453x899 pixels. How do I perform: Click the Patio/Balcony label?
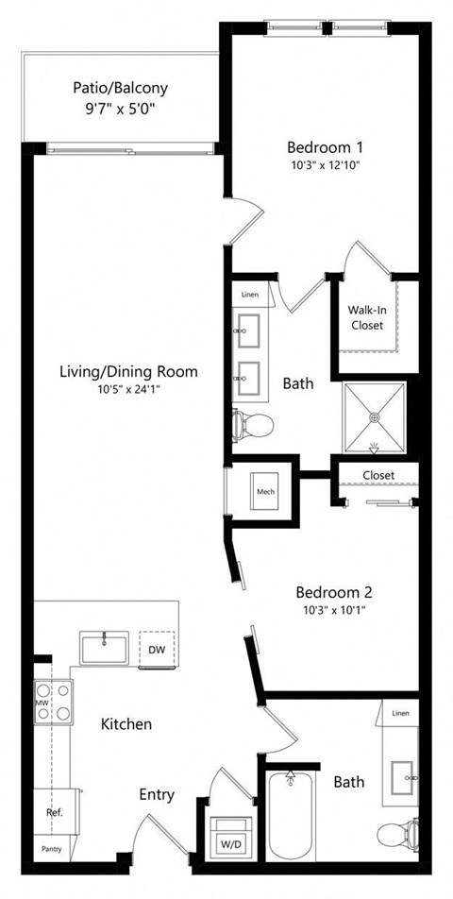coord(120,88)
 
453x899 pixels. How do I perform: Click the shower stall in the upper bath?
coord(375,416)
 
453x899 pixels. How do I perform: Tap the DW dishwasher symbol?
coord(156,649)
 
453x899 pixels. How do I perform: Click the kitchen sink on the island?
coord(105,649)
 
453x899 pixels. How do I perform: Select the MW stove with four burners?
coord(54,703)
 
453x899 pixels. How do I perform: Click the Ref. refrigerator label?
coord(54,811)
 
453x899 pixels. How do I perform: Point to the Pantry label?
coord(50,849)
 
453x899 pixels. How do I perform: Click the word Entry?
coord(156,794)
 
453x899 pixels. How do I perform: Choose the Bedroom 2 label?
coord(334,592)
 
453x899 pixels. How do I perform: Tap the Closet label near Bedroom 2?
coord(377,474)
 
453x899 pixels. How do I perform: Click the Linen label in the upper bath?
coord(249,295)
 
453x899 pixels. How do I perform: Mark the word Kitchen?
coord(126,724)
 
